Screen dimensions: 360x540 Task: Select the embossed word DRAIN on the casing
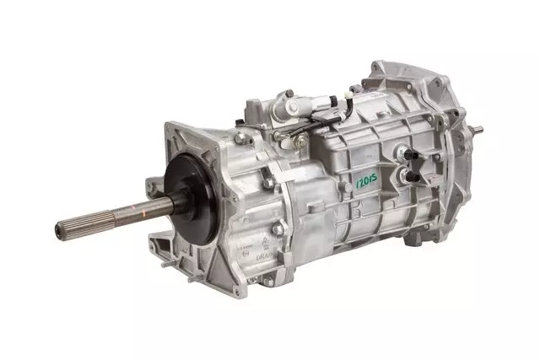247,251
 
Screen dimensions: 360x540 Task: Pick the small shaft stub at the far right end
478,130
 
